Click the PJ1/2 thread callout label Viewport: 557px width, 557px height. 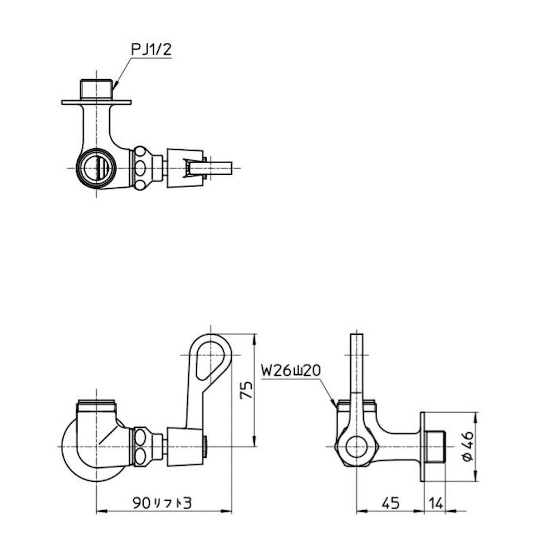pos(152,50)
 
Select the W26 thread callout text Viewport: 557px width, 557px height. pos(291,370)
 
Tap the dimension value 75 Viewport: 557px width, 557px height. pos(246,390)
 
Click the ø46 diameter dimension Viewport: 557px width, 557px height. pos(468,446)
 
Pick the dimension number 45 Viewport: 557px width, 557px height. pos(391,503)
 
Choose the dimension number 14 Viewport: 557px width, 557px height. pos(436,503)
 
